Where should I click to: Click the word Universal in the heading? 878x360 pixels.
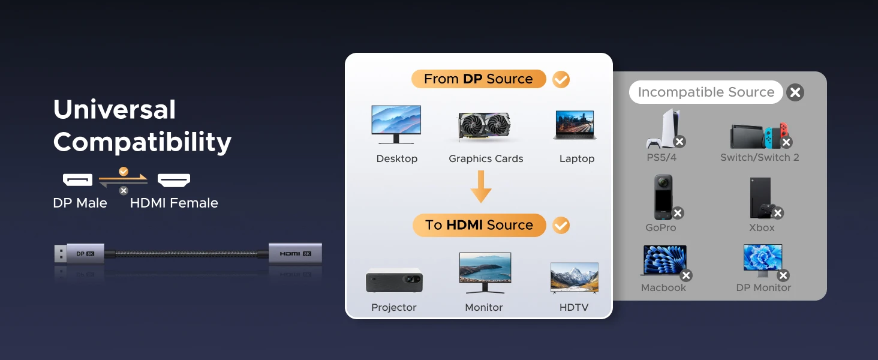point(115,110)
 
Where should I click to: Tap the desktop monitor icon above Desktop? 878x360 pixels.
point(396,124)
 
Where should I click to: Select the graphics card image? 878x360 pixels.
point(485,126)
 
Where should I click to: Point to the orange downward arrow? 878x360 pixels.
point(481,187)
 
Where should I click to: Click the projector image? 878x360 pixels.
point(394,280)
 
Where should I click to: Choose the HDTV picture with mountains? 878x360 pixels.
point(574,277)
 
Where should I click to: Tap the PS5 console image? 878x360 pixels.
point(661,129)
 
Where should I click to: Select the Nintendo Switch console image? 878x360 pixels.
point(759,136)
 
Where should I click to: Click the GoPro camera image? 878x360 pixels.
point(663,197)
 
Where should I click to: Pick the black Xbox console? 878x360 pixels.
point(760,197)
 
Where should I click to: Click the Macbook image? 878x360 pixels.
point(663,260)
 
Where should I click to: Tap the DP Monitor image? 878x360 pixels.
point(763,260)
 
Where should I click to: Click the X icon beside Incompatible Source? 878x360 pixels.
point(795,92)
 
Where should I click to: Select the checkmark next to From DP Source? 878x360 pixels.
point(561,79)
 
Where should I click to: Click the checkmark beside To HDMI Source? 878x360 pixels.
point(561,226)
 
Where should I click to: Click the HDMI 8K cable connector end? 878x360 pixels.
point(295,253)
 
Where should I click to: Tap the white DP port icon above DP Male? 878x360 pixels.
point(78,179)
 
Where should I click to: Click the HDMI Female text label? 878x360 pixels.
point(174,203)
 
